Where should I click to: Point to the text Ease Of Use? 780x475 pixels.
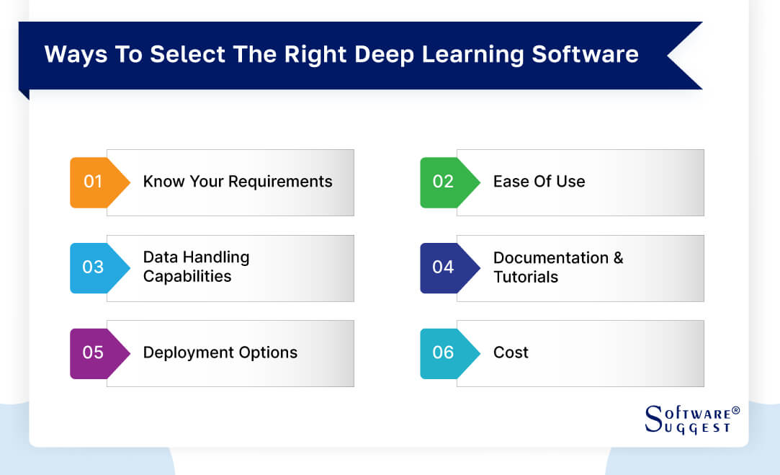click(539, 182)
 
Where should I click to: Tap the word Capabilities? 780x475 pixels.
click(187, 277)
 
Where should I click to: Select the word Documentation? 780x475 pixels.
click(550, 258)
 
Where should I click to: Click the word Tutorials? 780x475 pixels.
click(525, 277)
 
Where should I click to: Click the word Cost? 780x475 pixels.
click(511, 352)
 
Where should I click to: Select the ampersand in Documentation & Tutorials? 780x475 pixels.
click(618, 258)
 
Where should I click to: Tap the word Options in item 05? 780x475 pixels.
click(269, 352)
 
